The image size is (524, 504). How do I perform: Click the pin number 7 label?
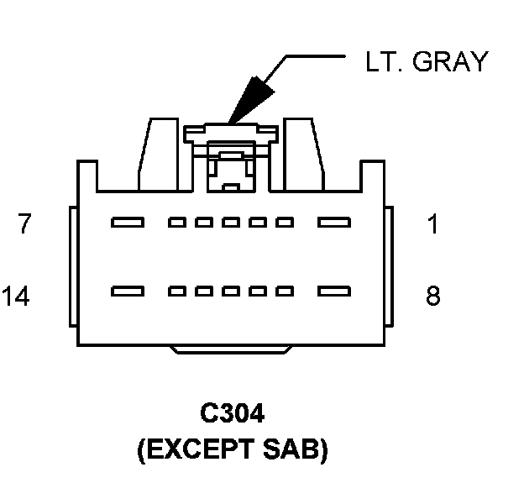[x=25, y=224]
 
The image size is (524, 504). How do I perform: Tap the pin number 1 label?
[x=433, y=224]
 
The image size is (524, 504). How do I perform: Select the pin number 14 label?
[x=17, y=297]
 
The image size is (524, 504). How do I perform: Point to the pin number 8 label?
[x=433, y=297]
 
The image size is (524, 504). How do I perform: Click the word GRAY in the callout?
[x=450, y=61]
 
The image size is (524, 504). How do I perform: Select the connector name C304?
[x=232, y=415]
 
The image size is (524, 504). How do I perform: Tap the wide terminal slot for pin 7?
[x=128, y=223]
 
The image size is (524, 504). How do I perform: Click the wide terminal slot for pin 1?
[x=333, y=223]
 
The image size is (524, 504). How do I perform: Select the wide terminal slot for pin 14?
[x=128, y=292]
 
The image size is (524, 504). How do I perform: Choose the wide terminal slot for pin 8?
[x=333, y=292]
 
